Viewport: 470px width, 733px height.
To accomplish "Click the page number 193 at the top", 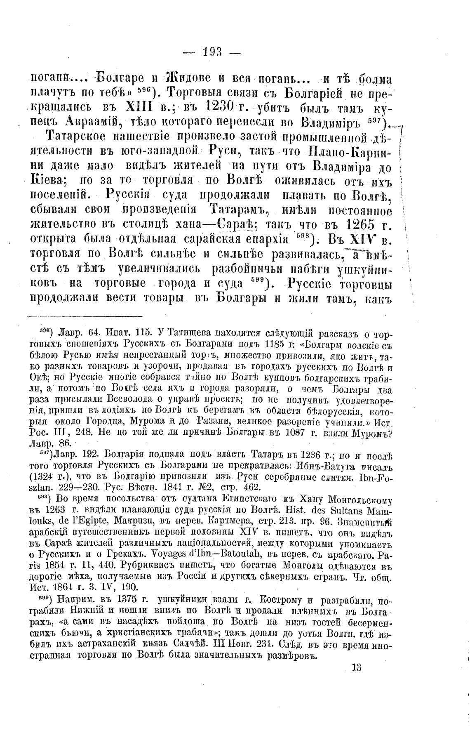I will click(213, 52).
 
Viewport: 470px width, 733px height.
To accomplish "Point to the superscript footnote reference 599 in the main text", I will click(259, 282).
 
